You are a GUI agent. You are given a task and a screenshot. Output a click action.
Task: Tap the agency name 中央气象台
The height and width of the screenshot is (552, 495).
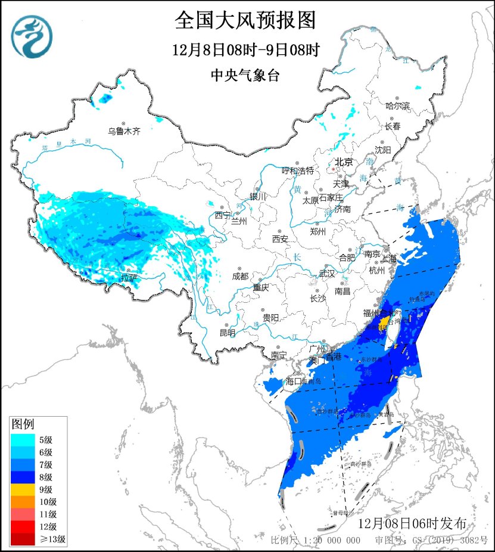click(x=245, y=75)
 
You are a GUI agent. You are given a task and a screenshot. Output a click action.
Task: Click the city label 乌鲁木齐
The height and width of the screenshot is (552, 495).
click(x=124, y=131)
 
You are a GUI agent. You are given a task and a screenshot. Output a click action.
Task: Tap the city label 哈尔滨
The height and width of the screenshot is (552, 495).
click(x=397, y=106)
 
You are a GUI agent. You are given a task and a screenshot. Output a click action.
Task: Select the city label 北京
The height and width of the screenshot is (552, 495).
click(x=343, y=162)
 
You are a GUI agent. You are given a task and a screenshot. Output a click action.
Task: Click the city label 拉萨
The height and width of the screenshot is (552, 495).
click(x=129, y=278)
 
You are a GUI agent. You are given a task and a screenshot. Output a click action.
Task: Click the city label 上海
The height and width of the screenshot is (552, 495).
click(x=392, y=258)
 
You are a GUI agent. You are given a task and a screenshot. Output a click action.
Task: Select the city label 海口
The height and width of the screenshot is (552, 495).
click(x=295, y=380)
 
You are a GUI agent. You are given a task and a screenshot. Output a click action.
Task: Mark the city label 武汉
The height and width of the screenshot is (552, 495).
click(x=327, y=273)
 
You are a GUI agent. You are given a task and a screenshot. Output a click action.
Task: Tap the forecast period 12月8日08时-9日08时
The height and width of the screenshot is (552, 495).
click(x=245, y=50)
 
